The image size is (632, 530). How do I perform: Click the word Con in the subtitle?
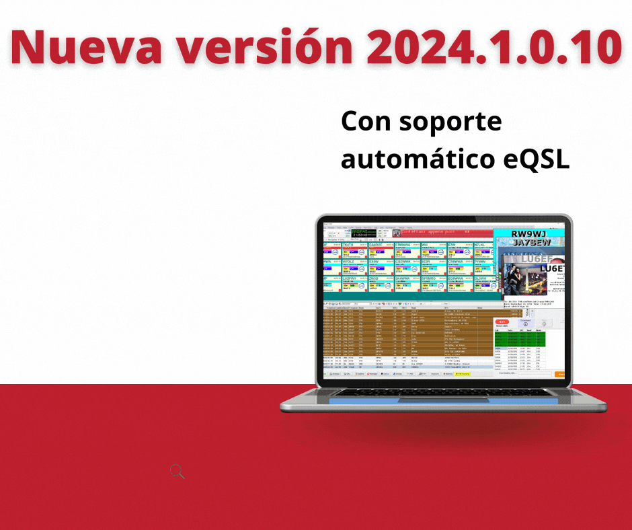pyautogui.click(x=366, y=122)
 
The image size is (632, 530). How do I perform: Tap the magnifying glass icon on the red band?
pyautogui.click(x=177, y=471)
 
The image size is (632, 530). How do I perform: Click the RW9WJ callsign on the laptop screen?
pyautogui.click(x=529, y=235)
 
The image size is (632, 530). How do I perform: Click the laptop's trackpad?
pyautogui.click(x=443, y=401)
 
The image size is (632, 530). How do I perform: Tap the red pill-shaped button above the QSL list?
pyautogui.click(x=502, y=321)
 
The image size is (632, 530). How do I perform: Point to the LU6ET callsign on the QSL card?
pyautogui.click(x=551, y=269)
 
